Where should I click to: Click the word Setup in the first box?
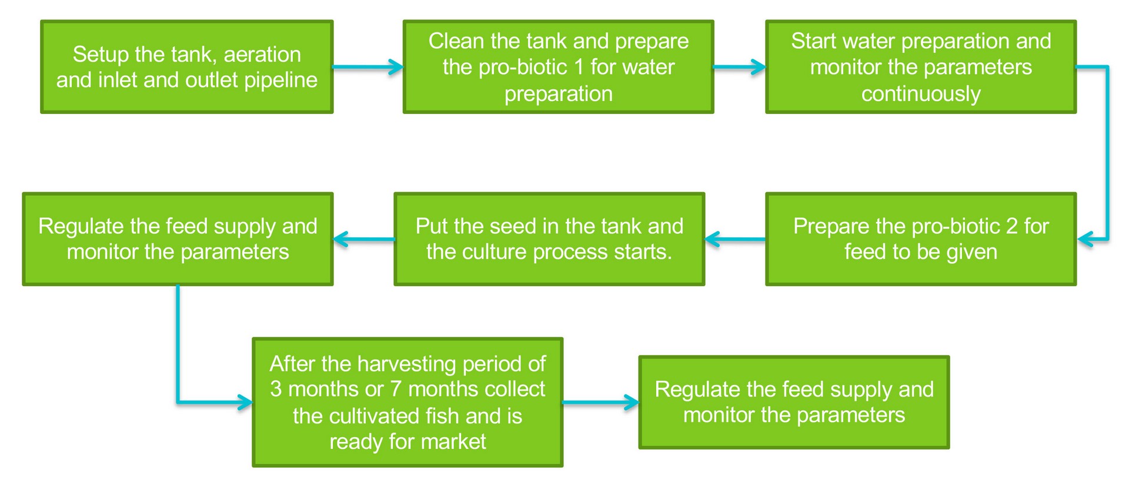coord(101,55)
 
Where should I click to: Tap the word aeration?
coord(262,55)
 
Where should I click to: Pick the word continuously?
coord(920,94)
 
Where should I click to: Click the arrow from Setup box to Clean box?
coord(368,67)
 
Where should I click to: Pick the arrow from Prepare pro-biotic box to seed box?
coord(735,239)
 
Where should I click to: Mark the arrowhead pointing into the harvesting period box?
coord(244,403)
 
